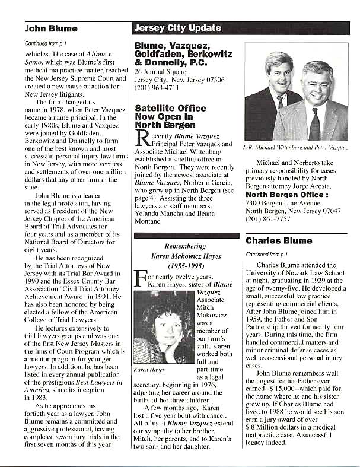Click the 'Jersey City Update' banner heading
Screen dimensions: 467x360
point(178,28)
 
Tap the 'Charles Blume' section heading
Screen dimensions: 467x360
point(278,241)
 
